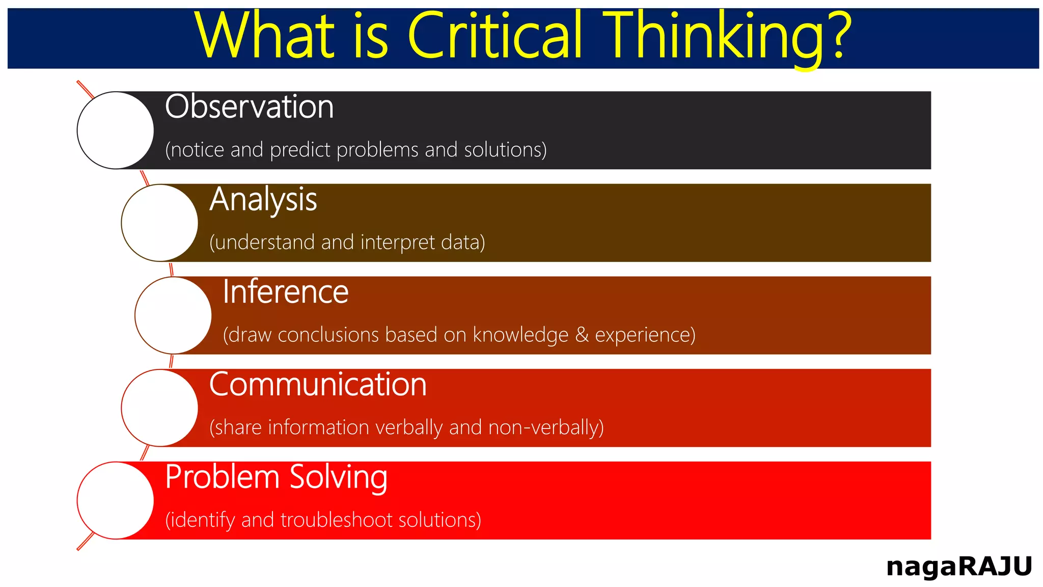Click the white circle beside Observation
(x=116, y=130)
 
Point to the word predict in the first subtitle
(x=301, y=150)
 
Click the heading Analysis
(x=263, y=200)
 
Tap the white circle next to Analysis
(x=159, y=223)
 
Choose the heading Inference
(x=285, y=292)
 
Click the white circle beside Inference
(x=173, y=315)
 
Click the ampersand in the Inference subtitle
(x=582, y=335)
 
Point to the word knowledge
(x=520, y=335)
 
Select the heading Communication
(x=318, y=384)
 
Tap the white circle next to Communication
(x=159, y=408)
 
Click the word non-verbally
(x=545, y=428)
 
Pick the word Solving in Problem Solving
(x=338, y=477)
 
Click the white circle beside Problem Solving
(x=116, y=500)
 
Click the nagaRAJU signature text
(x=958, y=567)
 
